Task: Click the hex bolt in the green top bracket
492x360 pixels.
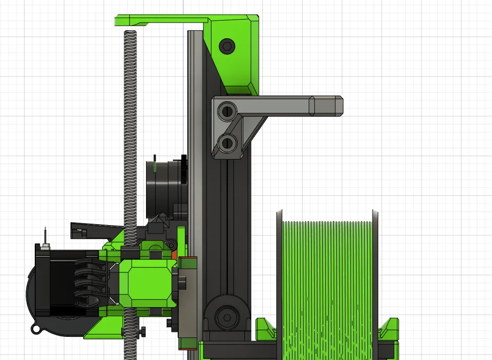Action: [227, 47]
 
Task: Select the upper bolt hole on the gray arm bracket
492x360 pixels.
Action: [229, 110]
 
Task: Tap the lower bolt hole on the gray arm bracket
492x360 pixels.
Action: [229, 142]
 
